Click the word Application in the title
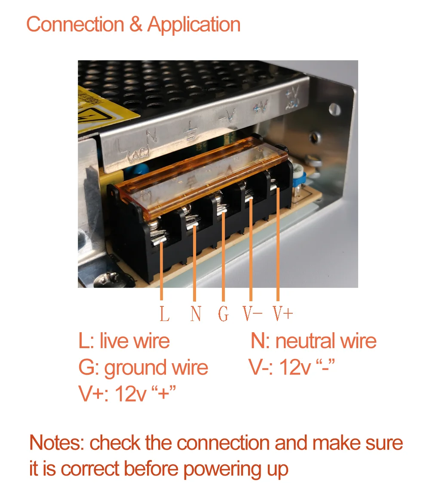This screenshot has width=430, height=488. point(193,25)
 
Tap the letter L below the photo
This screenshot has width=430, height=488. point(164,314)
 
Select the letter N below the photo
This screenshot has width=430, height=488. point(196,314)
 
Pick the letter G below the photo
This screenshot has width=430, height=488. point(223,314)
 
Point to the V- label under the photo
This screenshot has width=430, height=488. point(252,314)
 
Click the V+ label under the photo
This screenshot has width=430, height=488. point(283,314)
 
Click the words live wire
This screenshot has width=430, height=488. point(134,341)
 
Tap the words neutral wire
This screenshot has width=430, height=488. point(326,341)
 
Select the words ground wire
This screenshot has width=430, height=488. point(156,368)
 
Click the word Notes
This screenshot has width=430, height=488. point(56,443)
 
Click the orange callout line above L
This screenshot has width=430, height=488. point(162,271)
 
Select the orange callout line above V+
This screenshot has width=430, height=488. point(278,245)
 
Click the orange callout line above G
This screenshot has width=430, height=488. point(223,258)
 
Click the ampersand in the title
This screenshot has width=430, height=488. point(135,25)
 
